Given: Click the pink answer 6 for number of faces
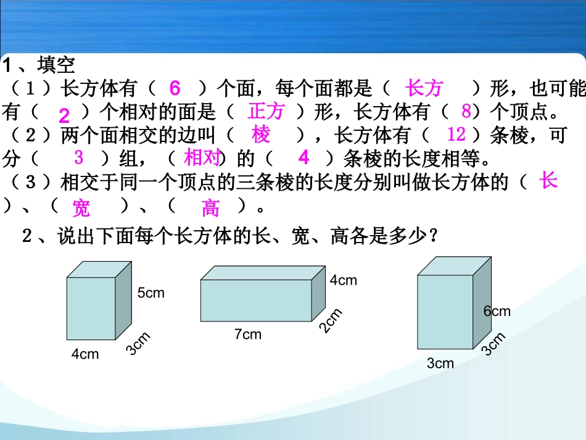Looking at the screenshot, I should tap(175, 89).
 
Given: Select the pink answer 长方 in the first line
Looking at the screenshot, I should tap(424, 89).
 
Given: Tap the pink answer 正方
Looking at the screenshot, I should tap(266, 111).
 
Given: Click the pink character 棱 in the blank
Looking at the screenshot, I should tap(262, 135).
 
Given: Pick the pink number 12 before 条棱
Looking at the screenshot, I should tap(456, 134).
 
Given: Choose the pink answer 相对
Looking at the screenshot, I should tap(202, 158).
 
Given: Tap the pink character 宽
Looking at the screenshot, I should tap(81, 209).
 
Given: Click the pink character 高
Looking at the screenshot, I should tap(210, 209).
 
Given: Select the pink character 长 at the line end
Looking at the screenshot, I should tap(548, 181).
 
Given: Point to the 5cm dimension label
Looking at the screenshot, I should tap(151, 293).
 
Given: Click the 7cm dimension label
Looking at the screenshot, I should tap(247, 334).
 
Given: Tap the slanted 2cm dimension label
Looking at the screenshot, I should tap(330, 322).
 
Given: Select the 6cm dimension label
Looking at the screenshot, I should tap(497, 311).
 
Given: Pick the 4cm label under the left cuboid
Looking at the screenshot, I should tap(85, 354).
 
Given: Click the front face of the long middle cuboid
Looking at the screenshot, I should tap(256, 300).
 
